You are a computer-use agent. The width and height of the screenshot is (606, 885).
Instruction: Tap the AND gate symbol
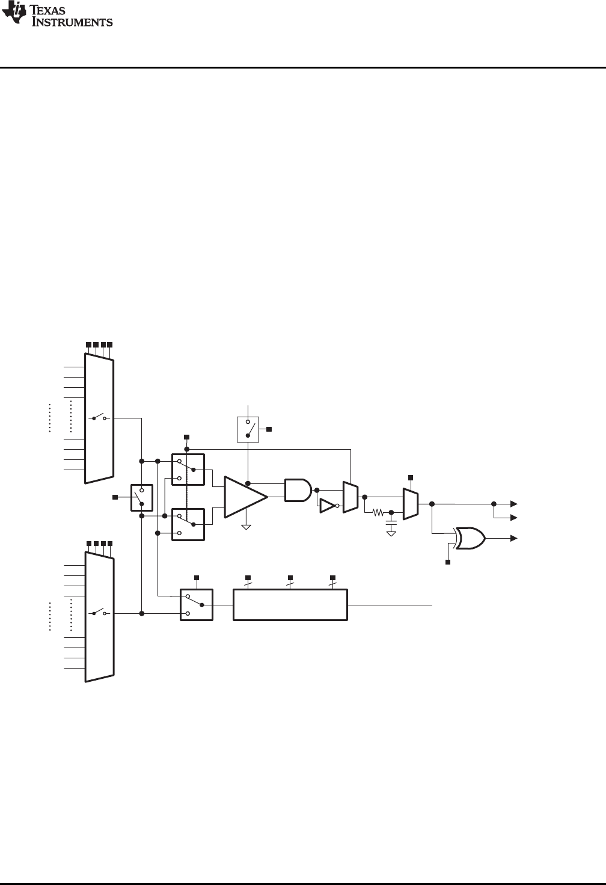298,490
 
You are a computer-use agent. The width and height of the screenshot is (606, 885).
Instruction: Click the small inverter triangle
328,506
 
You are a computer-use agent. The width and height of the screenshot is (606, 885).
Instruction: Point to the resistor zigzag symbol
378,513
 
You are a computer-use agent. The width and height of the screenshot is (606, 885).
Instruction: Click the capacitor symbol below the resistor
391,524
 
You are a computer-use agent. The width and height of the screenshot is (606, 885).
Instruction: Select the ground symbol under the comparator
246,527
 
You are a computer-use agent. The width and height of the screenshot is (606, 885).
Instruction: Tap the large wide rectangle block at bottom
290,605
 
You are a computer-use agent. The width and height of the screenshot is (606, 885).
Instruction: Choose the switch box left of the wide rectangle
197,605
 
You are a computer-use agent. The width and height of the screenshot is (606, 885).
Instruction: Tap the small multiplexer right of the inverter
350,497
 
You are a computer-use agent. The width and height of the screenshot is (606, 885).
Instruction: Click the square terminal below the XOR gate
447,562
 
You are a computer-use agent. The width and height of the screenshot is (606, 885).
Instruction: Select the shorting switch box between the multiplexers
142,497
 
